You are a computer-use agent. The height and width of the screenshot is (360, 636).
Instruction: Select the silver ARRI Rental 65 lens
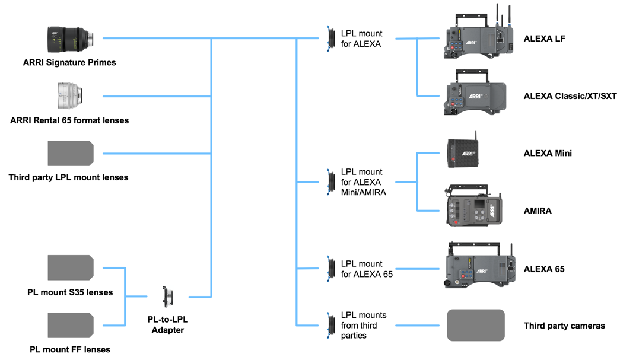click(71, 95)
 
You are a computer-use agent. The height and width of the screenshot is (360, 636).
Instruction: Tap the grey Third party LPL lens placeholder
click(71, 153)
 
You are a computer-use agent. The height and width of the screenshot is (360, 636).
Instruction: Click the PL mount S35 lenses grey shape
click(71, 267)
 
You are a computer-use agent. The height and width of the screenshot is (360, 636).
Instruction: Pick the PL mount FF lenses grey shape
click(71, 325)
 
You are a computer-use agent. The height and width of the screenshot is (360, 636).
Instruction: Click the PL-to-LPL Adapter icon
click(168, 296)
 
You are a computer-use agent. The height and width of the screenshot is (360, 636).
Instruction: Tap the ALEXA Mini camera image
click(463, 153)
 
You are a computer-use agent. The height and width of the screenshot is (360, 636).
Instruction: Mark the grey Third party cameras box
click(476, 325)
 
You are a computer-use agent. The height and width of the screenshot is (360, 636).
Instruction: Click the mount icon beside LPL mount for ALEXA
click(330, 39)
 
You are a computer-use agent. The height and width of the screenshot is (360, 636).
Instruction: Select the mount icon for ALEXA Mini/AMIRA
click(330, 181)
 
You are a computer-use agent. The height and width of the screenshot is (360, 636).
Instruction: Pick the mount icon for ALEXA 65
click(330, 268)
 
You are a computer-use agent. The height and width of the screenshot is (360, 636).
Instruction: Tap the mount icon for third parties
click(330, 325)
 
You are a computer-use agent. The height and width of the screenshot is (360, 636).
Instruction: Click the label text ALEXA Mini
click(548, 153)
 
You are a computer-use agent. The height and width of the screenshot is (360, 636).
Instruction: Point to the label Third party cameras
click(564, 326)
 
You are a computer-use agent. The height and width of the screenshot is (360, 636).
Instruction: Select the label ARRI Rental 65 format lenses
click(69, 120)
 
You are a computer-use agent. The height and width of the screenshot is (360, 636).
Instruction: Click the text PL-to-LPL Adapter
click(168, 324)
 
